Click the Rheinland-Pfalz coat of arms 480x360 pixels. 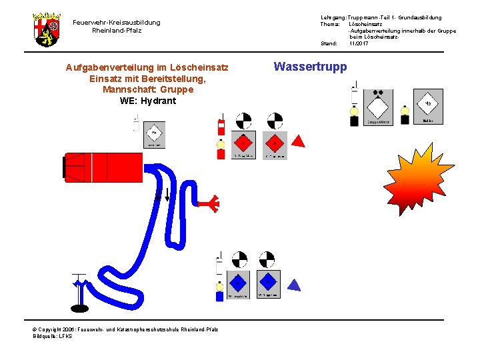[46, 29]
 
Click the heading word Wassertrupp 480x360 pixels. [310, 67]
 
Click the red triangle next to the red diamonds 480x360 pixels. [299, 141]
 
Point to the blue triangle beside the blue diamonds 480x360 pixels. [293, 285]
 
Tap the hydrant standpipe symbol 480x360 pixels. [79, 291]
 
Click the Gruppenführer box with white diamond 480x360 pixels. [378, 107]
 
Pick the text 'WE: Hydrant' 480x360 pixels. [148, 101]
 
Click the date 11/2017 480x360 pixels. [359, 43]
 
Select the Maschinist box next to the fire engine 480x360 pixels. [154, 135]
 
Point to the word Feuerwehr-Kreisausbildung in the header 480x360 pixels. [117, 23]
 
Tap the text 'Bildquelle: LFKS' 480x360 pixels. [53, 336]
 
